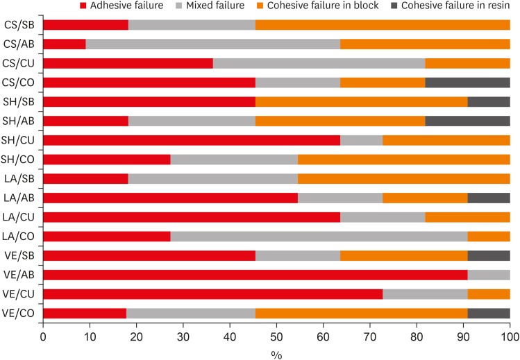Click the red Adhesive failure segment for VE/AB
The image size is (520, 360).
(x=255, y=255)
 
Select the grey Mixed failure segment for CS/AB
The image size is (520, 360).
(x=213, y=44)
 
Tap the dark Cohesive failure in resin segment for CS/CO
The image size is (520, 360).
(x=467, y=83)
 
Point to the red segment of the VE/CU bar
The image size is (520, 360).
(x=212, y=275)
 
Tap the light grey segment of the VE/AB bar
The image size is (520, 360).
(x=489, y=255)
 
